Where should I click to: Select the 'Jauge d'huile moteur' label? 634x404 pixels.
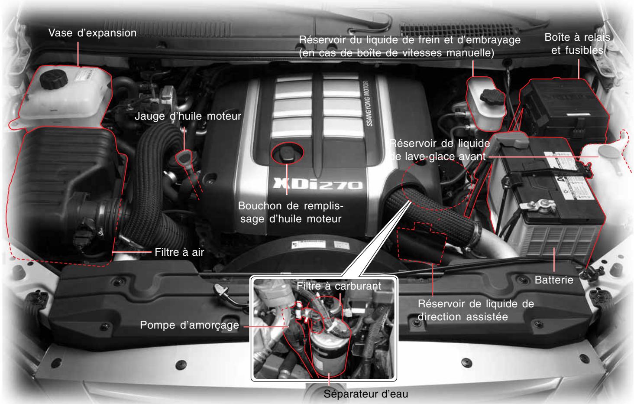pos(188,116)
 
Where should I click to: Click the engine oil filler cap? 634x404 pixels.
pos(286,153)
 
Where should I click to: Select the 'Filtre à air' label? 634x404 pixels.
pos(179,252)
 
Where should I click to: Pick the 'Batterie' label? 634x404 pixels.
pos(554,280)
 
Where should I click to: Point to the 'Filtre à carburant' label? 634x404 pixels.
pos(339,286)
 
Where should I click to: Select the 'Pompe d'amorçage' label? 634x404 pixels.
pos(189,325)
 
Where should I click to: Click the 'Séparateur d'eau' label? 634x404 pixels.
pos(366,394)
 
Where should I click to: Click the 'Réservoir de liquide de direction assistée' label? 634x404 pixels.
pos(475,310)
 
